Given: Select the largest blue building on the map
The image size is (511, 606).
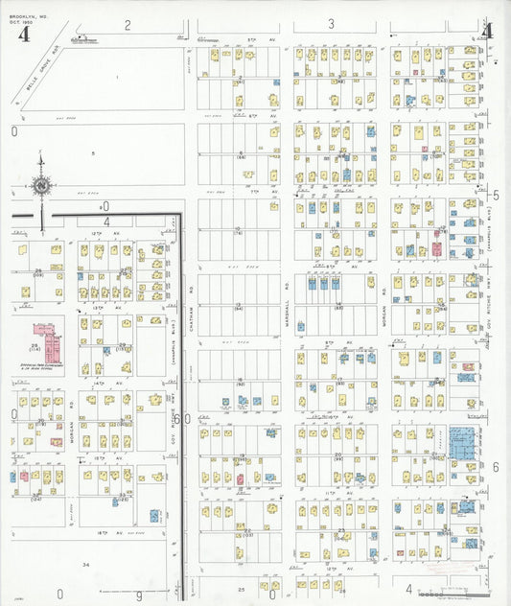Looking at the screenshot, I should tap(462, 445).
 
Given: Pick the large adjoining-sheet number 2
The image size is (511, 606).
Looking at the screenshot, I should tap(127, 24).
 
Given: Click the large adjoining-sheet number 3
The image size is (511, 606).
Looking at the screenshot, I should tap(332, 24).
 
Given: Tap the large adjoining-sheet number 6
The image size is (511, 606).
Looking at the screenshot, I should tap(496, 466).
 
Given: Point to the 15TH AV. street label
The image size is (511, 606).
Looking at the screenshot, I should tap(104, 458).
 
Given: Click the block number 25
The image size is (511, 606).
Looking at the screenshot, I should tap(242, 588).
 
